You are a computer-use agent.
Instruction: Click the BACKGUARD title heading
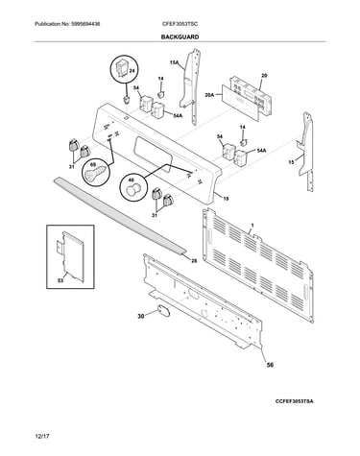180,37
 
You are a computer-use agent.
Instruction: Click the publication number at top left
67,24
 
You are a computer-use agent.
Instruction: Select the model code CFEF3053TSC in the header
180,24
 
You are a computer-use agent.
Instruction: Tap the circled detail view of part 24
124,69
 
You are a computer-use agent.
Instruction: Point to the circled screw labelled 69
96,173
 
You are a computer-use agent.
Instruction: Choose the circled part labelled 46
133,186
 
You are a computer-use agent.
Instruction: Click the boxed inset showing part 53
70,256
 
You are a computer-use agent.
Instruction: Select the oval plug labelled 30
163,311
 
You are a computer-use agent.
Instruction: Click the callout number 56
270,365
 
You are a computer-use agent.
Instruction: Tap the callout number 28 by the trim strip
194,261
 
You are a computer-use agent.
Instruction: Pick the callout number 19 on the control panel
226,199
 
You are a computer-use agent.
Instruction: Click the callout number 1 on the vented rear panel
252,226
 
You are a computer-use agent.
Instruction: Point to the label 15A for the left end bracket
174,63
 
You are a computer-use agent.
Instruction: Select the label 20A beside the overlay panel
209,94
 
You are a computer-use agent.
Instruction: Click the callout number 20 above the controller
264,76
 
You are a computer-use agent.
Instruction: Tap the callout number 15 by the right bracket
291,162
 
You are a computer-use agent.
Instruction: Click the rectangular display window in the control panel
154,155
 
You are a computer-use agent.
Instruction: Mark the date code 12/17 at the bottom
42,436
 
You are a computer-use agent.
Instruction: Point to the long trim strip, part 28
119,216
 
